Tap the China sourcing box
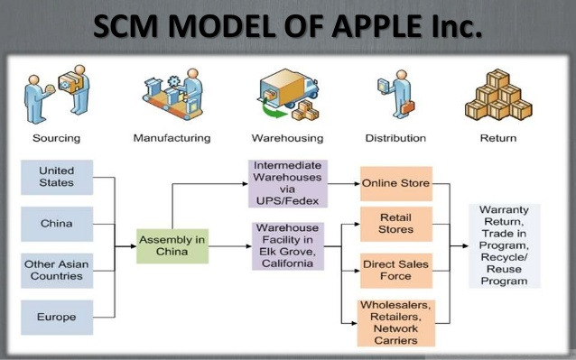tap(57, 221)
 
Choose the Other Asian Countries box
tap(57, 269)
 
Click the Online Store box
tap(395, 183)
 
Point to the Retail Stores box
tap(395, 224)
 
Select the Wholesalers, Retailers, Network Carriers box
tap(395, 321)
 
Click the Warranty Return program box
tap(504, 245)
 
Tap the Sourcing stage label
tap(56, 138)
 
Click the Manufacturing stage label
tap(172, 138)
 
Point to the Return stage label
tap(498, 138)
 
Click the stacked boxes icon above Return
tap(497, 94)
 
